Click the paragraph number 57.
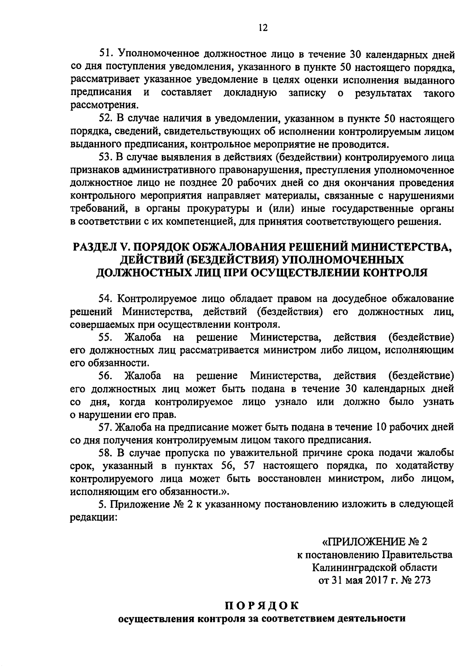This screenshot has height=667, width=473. pos(105,426)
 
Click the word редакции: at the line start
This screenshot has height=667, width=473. pos(93,517)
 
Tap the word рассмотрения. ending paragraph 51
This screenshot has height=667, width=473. pos(104,105)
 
